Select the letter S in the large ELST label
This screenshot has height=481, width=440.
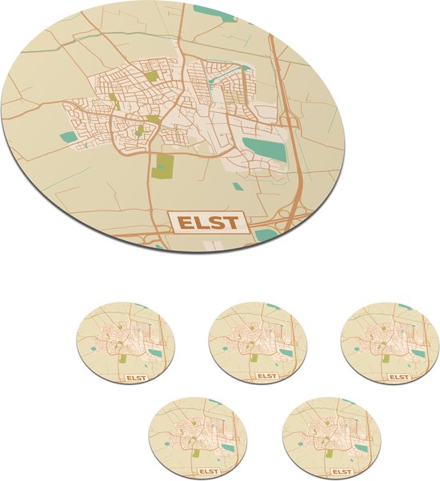[215, 222]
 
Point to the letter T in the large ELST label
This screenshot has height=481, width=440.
[230, 222]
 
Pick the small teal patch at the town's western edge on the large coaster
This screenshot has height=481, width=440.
[69, 138]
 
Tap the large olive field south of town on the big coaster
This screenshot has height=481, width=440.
[163, 166]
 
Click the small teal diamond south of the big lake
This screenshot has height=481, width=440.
[238, 186]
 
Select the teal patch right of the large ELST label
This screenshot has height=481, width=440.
[265, 234]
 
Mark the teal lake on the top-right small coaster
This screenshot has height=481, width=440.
[418, 351]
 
